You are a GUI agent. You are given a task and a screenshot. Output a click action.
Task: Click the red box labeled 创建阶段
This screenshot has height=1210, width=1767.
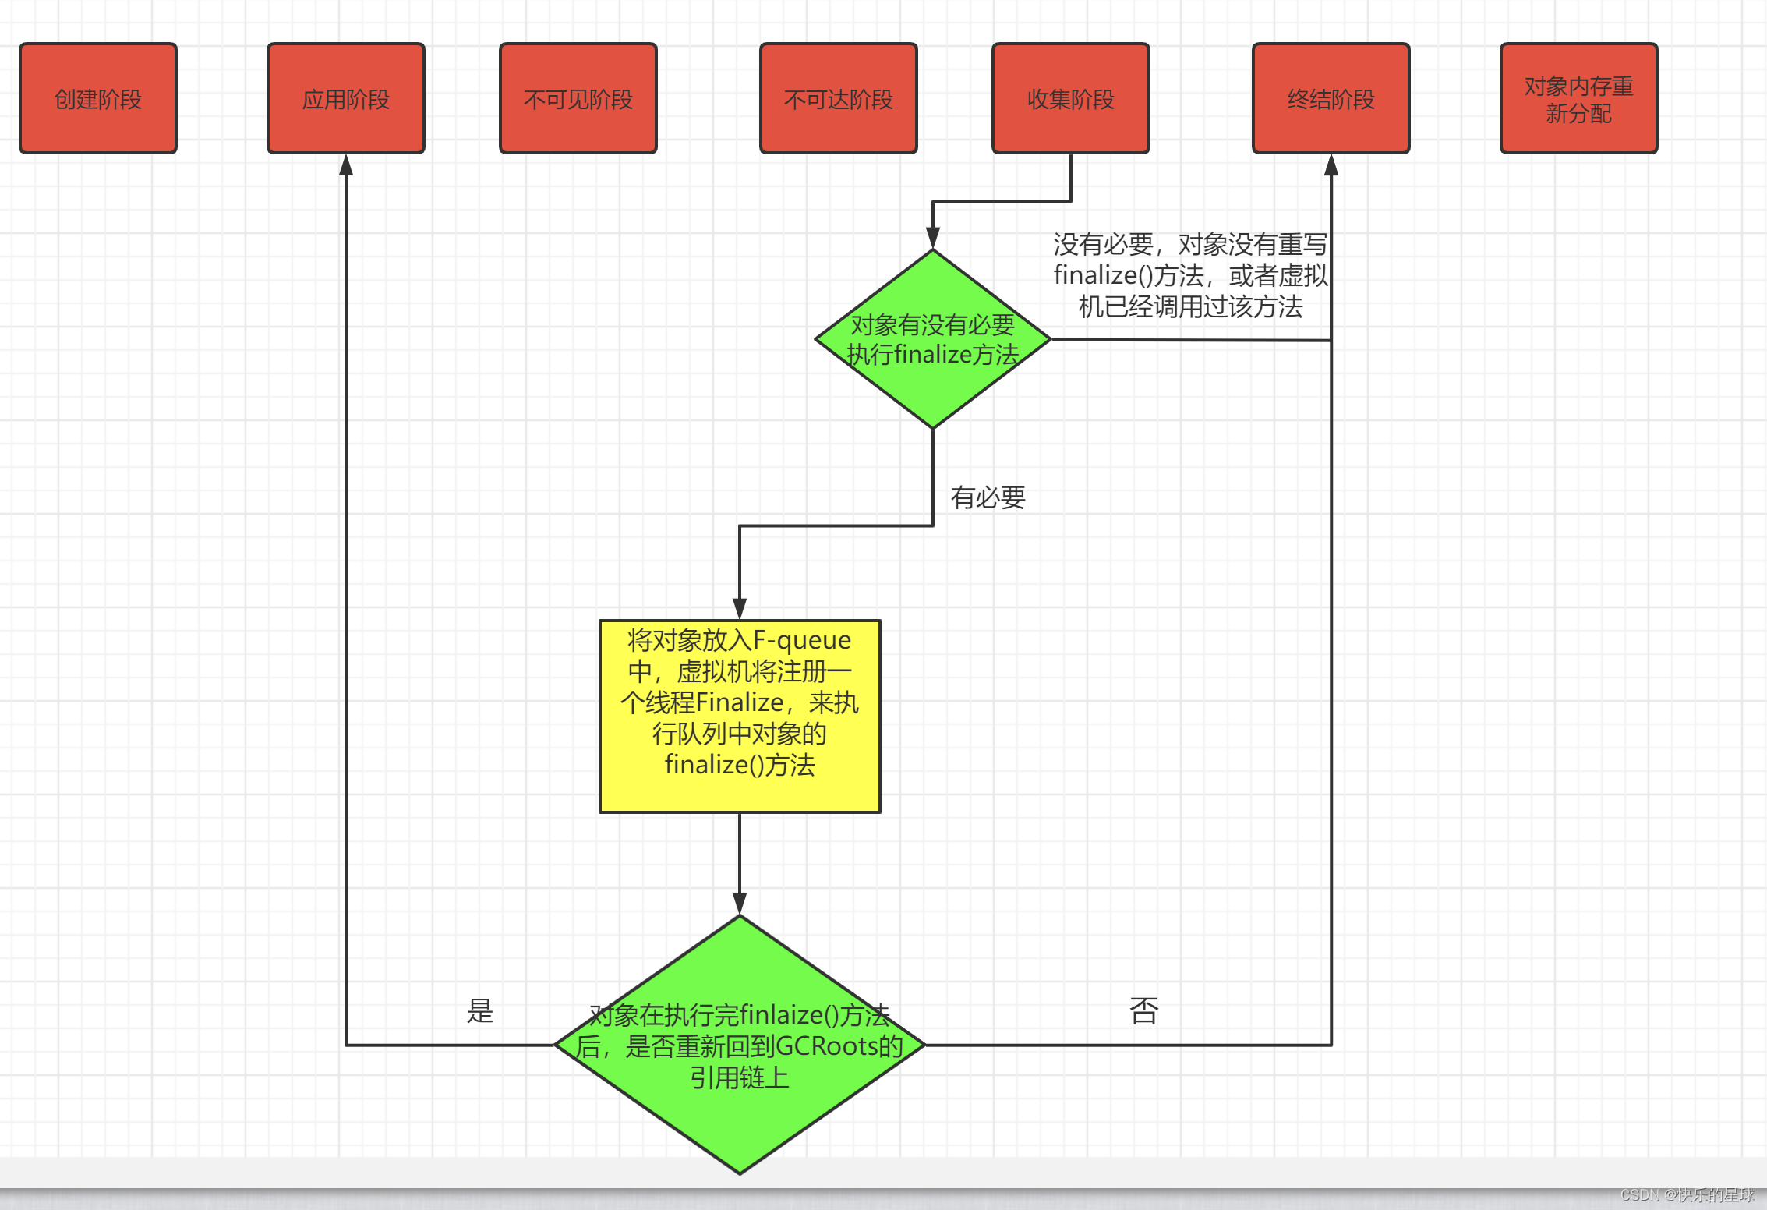click(x=98, y=98)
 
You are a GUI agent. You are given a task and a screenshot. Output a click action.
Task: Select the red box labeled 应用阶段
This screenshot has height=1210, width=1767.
click(x=345, y=98)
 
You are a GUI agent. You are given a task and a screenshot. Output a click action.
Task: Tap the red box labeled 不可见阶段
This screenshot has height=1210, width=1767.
click(x=578, y=98)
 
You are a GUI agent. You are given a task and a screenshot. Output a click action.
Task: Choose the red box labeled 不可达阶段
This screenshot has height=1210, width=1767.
click(x=838, y=98)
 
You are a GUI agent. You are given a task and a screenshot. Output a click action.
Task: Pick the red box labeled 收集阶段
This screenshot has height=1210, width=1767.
click(x=1070, y=98)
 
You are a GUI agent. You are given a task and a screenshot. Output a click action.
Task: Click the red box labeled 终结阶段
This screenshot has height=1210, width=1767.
click(x=1331, y=98)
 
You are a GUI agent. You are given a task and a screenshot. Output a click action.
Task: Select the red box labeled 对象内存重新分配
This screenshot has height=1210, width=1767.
click(x=1578, y=98)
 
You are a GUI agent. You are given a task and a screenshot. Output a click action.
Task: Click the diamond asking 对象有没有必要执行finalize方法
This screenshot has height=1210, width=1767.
click(x=932, y=340)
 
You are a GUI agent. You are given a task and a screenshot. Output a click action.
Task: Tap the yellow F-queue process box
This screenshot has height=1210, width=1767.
click(x=740, y=716)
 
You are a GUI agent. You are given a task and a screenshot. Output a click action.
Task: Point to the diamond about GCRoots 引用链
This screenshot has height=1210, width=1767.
click(x=740, y=1045)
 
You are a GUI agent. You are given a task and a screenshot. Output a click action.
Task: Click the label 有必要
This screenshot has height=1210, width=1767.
click(x=988, y=497)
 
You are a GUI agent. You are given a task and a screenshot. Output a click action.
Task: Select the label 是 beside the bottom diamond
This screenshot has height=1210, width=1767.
click(x=479, y=1011)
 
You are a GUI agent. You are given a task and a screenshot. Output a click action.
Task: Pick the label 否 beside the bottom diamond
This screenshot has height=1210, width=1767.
click(x=1143, y=1011)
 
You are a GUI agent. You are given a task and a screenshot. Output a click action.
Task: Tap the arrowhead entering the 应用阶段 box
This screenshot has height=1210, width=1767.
click(x=346, y=165)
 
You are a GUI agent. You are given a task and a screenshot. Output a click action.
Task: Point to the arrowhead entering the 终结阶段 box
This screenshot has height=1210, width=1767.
click(x=1331, y=165)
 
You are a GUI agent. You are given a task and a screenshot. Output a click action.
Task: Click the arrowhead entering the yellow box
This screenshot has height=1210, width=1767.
click(x=740, y=609)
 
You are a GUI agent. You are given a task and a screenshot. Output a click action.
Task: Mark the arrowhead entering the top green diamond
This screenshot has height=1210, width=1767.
click(x=932, y=238)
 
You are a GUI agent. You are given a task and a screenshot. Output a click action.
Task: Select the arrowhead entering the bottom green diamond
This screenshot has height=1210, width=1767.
click(x=740, y=904)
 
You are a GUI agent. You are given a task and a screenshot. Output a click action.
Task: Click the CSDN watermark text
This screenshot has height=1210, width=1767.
click(x=1687, y=1195)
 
